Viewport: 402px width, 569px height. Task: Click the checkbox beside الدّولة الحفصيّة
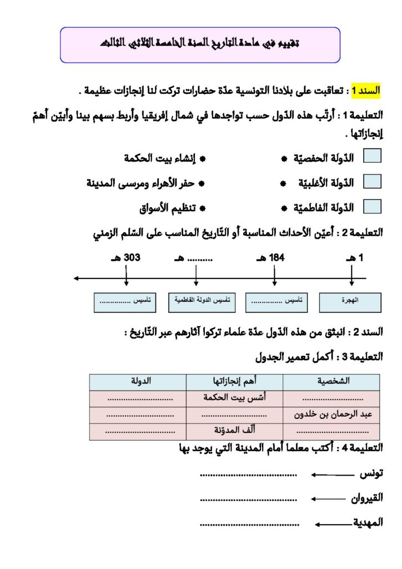(372, 156)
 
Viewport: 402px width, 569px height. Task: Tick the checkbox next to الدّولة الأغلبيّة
(372, 181)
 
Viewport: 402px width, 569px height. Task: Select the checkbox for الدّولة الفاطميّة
(372, 207)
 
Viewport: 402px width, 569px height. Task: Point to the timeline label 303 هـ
(126, 258)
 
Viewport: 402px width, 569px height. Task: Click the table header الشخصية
(332, 382)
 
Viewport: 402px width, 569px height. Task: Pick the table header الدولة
(138, 382)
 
